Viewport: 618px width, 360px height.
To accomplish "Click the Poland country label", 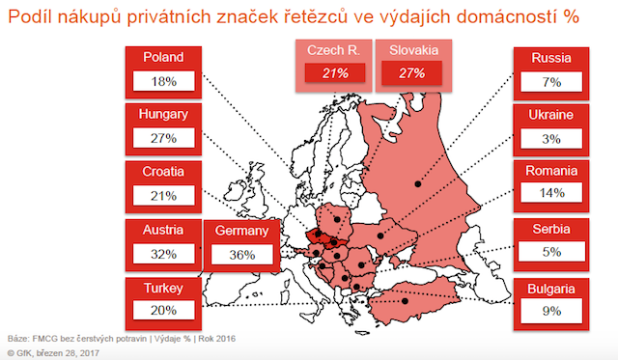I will coord(162,57).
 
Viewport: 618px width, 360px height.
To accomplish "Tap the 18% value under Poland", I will coord(162,81).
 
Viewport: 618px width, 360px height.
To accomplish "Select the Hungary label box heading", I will coord(162,114).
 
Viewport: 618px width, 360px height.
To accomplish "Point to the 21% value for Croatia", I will coord(162,196).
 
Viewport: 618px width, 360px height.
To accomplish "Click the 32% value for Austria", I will coord(162,254).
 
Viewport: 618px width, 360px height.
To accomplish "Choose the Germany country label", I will coord(240,231).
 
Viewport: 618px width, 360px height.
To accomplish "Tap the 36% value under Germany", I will coord(240,255).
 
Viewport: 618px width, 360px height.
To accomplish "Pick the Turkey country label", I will coord(162,288).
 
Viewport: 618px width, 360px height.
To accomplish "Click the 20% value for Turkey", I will coord(162,312).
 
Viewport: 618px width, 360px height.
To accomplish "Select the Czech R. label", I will coord(332,49).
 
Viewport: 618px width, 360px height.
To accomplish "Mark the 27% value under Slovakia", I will coord(412,72).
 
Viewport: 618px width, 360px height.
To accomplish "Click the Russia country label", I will coord(551,57).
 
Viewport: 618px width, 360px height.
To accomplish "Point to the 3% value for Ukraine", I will coord(551,139).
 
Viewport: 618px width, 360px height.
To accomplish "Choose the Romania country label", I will coord(551,172).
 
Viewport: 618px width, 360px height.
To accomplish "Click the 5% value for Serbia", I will coord(551,254).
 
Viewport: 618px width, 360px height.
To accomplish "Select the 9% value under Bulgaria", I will coord(551,312).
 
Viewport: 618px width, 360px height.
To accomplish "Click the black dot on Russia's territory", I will coord(417,182).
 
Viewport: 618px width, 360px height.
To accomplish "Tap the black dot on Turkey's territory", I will coord(407,300).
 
